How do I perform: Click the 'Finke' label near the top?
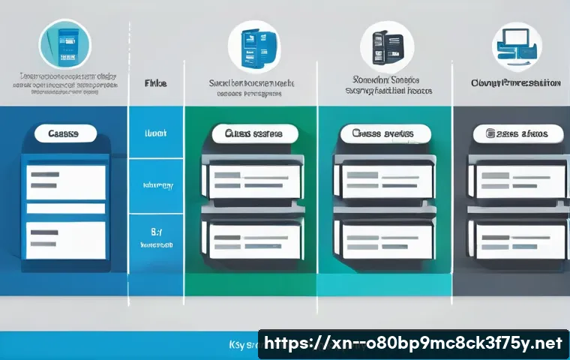[154, 83]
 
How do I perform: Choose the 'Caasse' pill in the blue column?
[66, 133]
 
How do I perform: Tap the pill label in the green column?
[253, 133]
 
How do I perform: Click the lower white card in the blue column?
[66, 239]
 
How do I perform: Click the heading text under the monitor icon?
[516, 83]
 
